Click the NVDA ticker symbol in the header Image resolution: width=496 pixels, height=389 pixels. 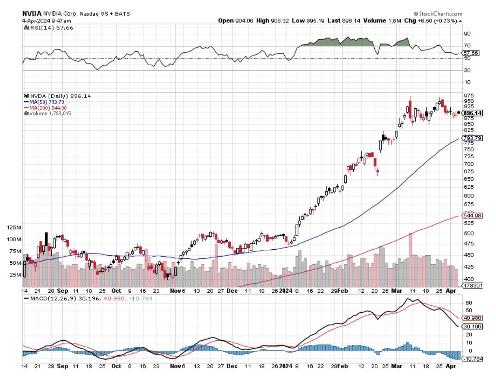[x=32, y=14]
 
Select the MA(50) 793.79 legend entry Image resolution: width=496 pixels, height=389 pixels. [x=45, y=102]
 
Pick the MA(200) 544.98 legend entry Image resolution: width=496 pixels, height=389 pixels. [x=46, y=108]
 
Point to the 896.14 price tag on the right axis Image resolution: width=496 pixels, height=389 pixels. [x=472, y=113]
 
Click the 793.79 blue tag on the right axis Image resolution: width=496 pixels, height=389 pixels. [x=472, y=138]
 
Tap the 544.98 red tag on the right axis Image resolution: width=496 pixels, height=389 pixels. [x=472, y=215]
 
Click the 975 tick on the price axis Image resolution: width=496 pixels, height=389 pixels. [x=468, y=95]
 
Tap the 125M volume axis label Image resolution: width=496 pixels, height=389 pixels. [x=14, y=227]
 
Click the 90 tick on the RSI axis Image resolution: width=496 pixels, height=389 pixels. [x=467, y=34]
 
